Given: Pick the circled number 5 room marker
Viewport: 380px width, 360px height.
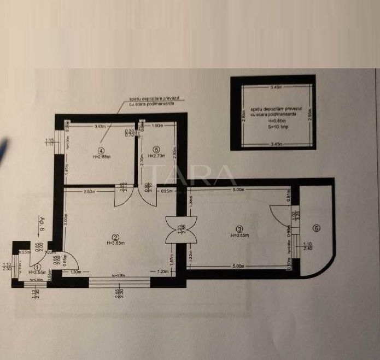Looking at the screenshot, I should point(156,149).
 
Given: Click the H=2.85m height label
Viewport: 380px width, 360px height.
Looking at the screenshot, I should point(102,156).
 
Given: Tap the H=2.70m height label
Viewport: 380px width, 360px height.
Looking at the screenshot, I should point(157,156).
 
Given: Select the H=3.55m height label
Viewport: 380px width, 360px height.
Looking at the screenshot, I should point(38,272).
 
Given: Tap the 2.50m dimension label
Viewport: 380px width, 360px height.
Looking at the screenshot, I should point(90,191).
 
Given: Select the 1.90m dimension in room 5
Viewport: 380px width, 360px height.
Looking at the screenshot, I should point(157,127).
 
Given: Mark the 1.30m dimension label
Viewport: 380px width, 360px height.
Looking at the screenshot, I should point(75,272).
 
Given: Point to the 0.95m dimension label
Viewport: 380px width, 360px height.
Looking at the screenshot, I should point(167,191).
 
